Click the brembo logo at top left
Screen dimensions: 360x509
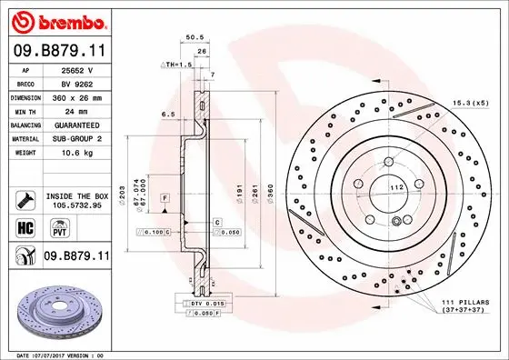tap(55, 20)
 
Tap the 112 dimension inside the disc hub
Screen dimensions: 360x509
tap(396, 186)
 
